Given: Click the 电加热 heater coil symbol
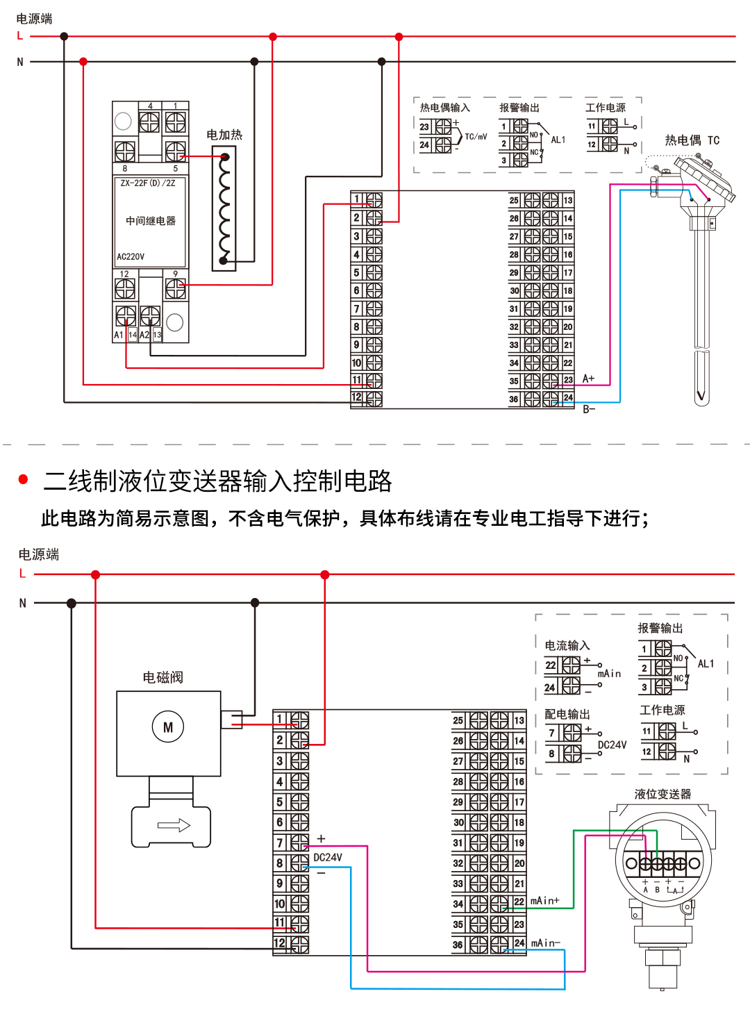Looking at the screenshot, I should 224,208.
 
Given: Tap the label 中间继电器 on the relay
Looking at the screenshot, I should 151,221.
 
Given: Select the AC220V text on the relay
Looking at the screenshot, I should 131,256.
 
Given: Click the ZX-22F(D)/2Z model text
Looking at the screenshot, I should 148,183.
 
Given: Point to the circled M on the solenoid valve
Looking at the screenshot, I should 168,727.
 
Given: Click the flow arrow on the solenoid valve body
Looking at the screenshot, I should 174,825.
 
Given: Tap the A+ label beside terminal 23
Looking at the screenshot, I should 588,379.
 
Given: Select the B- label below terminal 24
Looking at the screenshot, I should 589,409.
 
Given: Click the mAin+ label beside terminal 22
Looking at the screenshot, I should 544,901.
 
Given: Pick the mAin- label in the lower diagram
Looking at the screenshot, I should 545,943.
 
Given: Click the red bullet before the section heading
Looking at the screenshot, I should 24,479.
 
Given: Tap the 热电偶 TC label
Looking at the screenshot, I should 692,140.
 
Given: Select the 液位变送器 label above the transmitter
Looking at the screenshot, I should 662,794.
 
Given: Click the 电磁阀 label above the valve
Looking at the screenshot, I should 162,677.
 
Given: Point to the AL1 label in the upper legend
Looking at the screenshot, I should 558,140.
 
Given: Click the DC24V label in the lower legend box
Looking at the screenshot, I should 612,745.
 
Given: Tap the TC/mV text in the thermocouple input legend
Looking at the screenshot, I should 476,137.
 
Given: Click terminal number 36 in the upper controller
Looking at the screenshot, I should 514,399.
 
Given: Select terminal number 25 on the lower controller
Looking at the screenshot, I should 458,720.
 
